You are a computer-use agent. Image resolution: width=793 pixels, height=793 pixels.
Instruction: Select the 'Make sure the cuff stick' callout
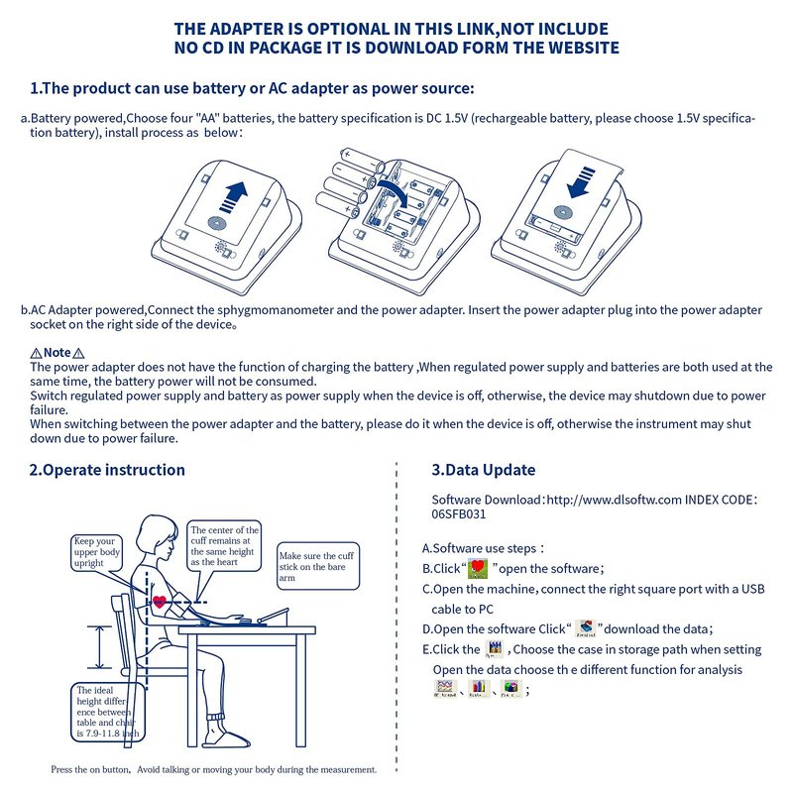(315, 566)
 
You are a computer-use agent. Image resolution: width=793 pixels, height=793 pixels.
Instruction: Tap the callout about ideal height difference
(107, 713)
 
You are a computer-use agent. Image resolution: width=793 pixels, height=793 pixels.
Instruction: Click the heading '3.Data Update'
(483, 470)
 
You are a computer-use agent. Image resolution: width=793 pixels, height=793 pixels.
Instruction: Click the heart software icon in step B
(479, 568)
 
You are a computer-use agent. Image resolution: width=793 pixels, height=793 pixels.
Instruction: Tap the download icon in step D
(585, 628)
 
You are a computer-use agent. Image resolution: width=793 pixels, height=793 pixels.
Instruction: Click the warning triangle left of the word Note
(36, 353)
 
